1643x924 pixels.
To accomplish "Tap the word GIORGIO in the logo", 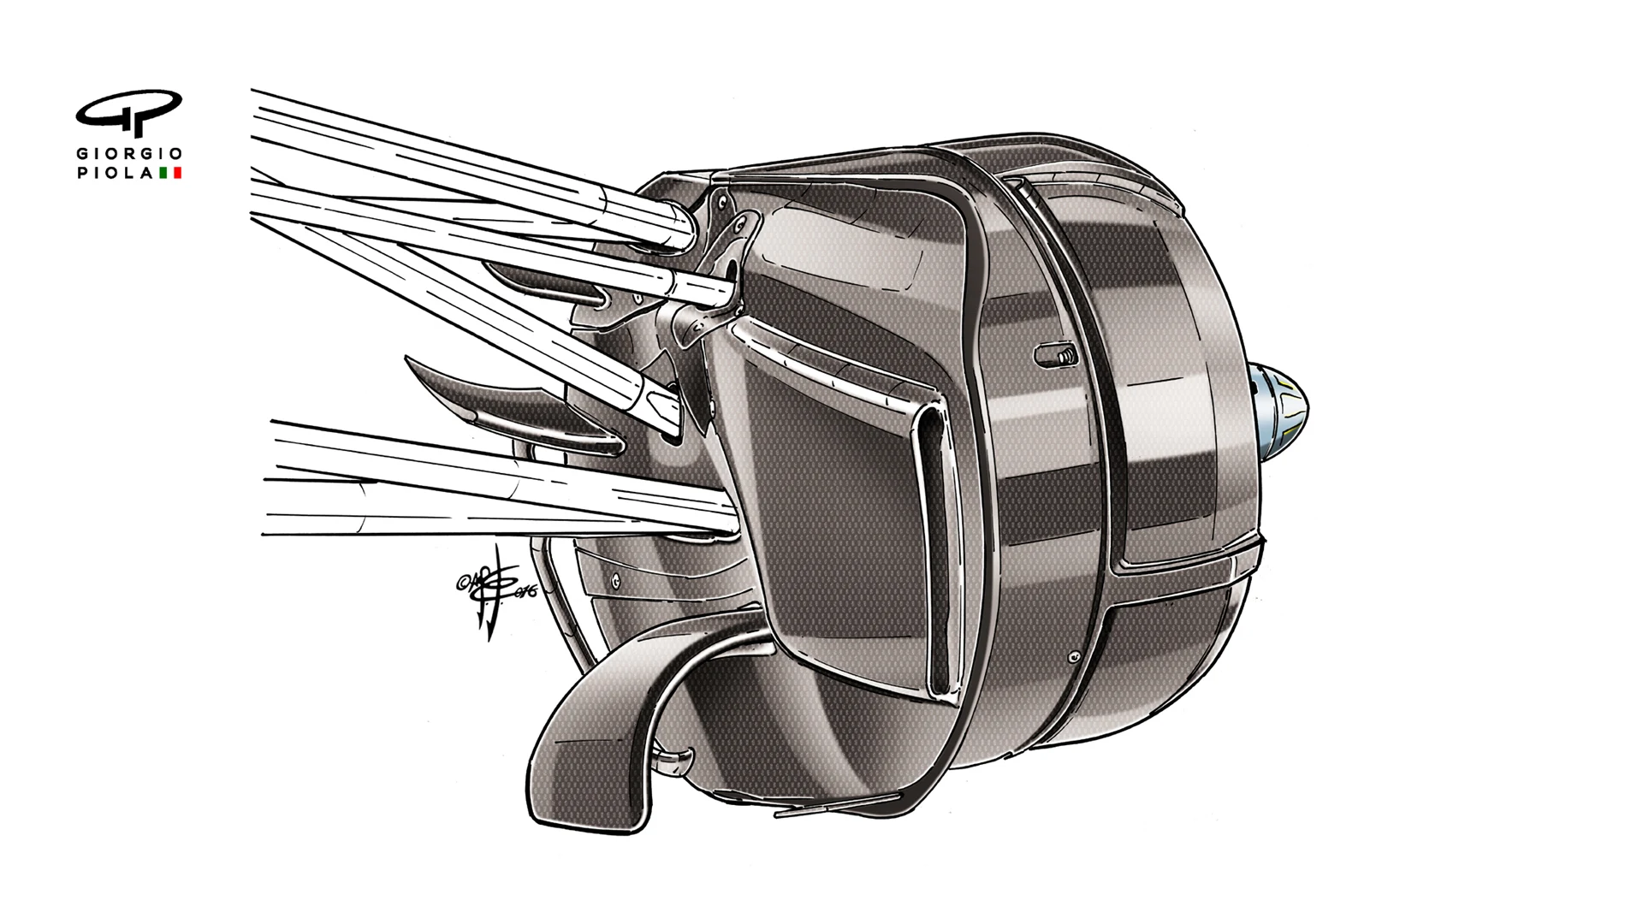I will [x=129, y=154].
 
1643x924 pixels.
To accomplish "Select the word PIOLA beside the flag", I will [x=116, y=173].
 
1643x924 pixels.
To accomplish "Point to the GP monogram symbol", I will [x=129, y=111].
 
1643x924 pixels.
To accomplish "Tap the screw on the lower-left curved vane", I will [x=615, y=579].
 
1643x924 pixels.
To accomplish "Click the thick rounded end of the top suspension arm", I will [x=672, y=227].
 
